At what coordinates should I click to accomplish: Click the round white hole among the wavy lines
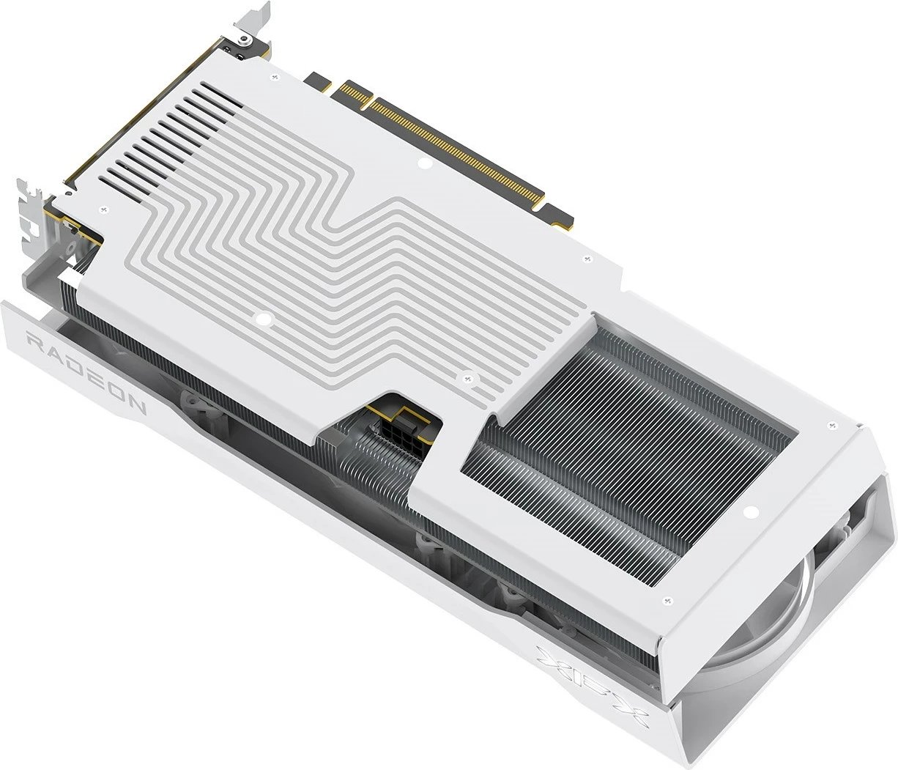pos(261,319)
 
